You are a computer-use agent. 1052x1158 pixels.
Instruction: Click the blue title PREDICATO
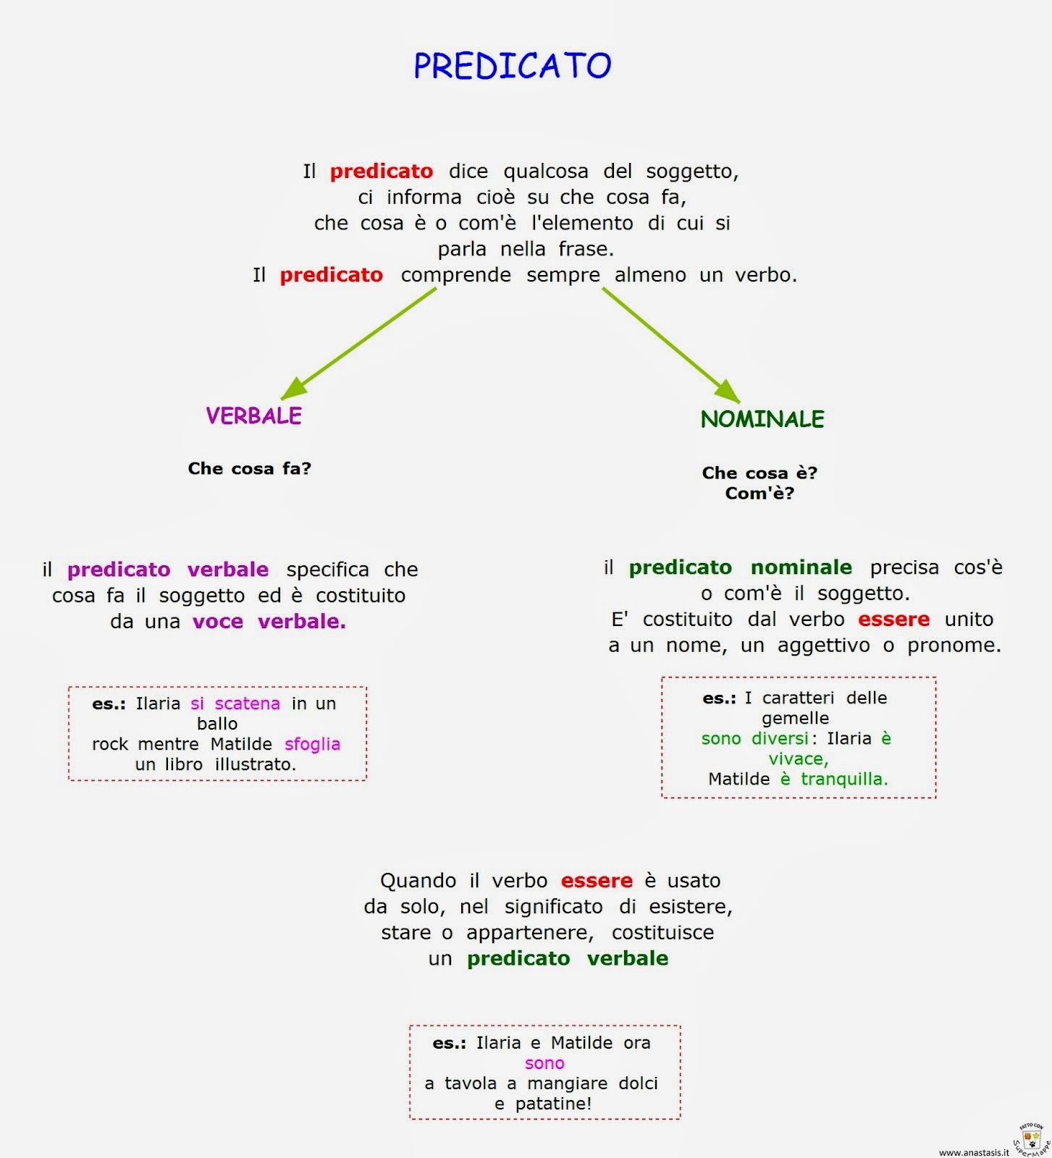pyautogui.click(x=513, y=65)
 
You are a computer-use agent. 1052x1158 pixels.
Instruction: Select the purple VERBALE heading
pyautogui.click(x=254, y=415)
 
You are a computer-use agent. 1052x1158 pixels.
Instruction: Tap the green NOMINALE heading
pyautogui.click(x=762, y=419)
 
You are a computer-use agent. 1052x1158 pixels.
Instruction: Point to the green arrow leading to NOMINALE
pyautogui.click(x=671, y=345)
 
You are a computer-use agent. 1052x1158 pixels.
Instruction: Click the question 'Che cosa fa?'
pyautogui.click(x=249, y=468)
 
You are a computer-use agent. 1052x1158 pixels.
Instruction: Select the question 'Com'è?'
pyautogui.click(x=759, y=493)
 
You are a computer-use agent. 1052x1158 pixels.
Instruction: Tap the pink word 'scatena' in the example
pyautogui.click(x=247, y=703)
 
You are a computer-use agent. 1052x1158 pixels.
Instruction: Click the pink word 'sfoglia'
pyautogui.click(x=312, y=744)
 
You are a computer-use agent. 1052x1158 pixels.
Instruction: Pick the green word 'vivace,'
pyautogui.click(x=799, y=759)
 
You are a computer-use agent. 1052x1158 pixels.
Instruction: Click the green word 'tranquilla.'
pyautogui.click(x=844, y=779)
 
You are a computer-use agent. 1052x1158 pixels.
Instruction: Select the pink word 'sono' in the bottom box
pyautogui.click(x=544, y=1063)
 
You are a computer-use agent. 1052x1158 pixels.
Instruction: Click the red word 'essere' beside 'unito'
pyautogui.click(x=893, y=620)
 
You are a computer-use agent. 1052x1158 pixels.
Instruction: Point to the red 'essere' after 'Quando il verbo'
pyautogui.click(x=597, y=881)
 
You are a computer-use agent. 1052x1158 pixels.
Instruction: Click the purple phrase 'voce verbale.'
pyautogui.click(x=269, y=622)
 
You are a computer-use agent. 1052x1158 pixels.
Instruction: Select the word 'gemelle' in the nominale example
pyautogui.click(x=795, y=719)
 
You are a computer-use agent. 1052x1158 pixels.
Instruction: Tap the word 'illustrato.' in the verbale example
pyautogui.click(x=256, y=764)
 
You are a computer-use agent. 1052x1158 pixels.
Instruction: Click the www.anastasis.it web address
pyautogui.click(x=973, y=1152)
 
